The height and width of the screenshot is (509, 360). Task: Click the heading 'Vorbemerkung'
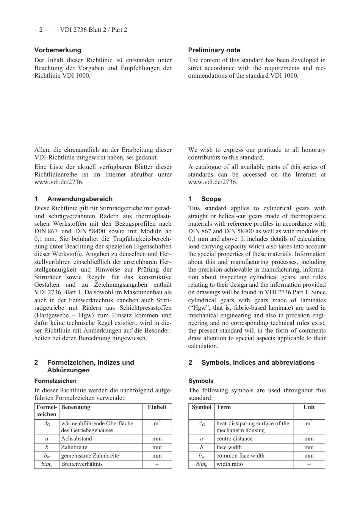(58, 50)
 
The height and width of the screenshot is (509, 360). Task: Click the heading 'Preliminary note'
(214, 50)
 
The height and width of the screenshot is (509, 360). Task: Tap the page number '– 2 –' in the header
(41, 30)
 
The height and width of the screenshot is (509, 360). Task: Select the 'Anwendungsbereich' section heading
(80, 199)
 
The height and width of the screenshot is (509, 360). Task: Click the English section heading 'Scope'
(211, 199)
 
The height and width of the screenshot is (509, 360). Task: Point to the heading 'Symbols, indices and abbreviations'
(258, 362)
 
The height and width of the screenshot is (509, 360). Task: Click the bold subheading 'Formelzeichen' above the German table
(55, 381)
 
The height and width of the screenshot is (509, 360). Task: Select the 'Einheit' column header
(157, 407)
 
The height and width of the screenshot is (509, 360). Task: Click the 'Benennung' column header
(76, 407)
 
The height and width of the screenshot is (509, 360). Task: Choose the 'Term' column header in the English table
(224, 407)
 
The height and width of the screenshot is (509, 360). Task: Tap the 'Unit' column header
(309, 407)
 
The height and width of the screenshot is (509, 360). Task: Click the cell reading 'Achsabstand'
(77, 439)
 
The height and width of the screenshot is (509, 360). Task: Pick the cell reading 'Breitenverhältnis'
(82, 464)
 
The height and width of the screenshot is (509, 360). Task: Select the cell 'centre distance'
(234, 439)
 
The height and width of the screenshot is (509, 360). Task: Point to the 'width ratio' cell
(230, 464)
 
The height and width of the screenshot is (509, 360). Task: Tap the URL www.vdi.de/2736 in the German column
(59, 182)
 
